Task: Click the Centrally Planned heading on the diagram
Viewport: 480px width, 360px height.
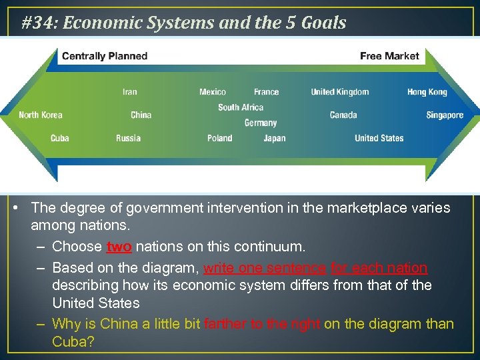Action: point(105,56)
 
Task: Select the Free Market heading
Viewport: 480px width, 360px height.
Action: point(389,56)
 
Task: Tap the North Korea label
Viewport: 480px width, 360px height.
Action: point(41,115)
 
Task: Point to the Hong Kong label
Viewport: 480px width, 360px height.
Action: point(427,92)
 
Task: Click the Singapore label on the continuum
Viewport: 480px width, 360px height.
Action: point(445,115)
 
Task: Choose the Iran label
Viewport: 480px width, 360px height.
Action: point(130,92)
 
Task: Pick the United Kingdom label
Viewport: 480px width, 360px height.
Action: point(340,92)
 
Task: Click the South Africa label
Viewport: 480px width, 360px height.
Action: point(241,107)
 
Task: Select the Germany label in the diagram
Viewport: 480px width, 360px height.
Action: point(261,123)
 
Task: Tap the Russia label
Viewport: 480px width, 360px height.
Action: point(128,139)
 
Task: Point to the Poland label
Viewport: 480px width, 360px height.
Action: point(220,139)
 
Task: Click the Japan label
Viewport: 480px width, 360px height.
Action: point(275,139)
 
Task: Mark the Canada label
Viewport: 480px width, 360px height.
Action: point(343,115)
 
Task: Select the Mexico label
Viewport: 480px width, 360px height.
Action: point(213,92)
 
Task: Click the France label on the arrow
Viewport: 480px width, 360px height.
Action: point(267,92)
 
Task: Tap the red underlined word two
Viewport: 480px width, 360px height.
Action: point(119,247)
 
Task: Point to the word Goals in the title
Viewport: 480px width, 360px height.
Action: point(323,23)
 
